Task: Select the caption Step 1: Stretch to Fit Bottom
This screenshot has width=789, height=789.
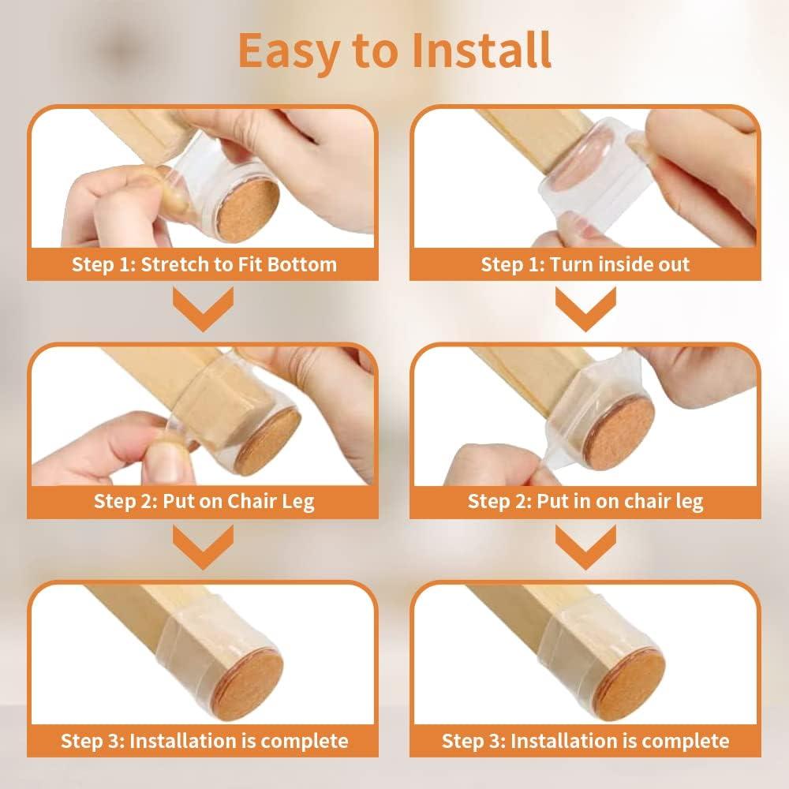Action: click(204, 264)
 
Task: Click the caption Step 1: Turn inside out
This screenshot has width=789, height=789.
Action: click(585, 264)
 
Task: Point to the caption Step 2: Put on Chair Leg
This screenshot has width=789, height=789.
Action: click(204, 501)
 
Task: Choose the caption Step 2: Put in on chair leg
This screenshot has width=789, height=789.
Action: click(585, 501)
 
